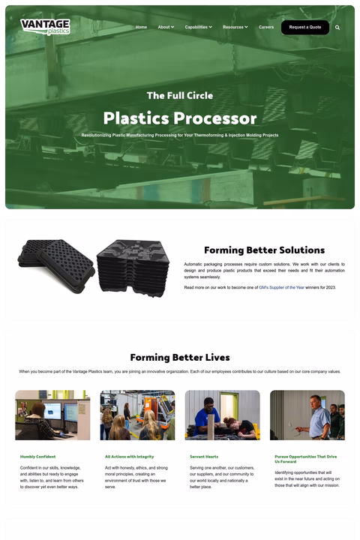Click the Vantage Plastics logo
pos(45,27)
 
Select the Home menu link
pos(141,27)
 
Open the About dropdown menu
pos(165,27)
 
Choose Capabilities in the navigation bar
pos(198,27)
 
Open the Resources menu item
pos(235,27)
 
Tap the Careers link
pos(266,27)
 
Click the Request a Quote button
pos(304,27)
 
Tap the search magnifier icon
pos(337,27)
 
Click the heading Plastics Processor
pos(180,118)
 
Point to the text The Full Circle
pos(180,95)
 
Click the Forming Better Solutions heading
pos(264,250)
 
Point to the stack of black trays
pos(133,267)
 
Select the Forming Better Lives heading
pos(180,357)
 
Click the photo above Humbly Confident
pos(52,415)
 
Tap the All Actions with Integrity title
pos(130,456)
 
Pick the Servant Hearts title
pos(204,456)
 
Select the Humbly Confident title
pos(37,456)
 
